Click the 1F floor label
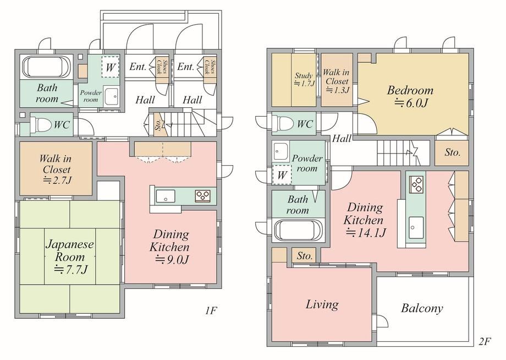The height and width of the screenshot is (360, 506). coord(211,310)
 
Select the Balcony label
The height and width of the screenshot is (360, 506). coord(422,308)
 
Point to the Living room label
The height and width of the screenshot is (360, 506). coord(322,304)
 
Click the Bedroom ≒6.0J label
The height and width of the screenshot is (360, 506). coord(410,96)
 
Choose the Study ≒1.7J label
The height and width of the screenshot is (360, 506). coord(304,79)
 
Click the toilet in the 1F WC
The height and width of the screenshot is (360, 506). coord(41,124)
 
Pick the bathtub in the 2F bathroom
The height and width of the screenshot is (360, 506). coord(298,230)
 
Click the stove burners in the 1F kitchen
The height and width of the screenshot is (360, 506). coord(202,196)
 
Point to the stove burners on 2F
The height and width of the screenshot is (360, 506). coord(416,184)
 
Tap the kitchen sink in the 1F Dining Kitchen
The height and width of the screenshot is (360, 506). coord(165,196)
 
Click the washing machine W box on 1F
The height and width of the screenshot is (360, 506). coord(111,67)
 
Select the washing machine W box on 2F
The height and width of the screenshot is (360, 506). coord(282,174)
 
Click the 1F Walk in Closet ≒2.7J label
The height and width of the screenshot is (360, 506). coord(56,169)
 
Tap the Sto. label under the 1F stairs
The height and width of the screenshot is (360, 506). coord(158,124)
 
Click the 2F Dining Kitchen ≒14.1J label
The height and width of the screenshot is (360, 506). coord(364,220)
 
